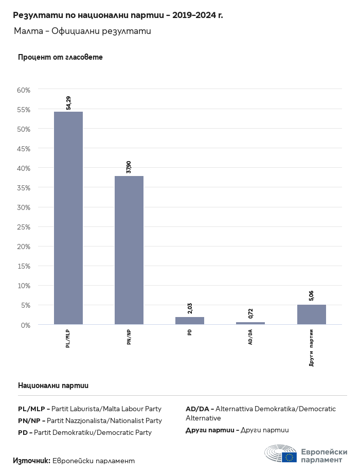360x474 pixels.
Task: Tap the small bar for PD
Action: point(190,321)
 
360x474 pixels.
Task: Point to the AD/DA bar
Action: point(250,323)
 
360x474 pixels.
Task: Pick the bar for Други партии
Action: point(311,314)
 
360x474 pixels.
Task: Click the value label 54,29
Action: point(68,103)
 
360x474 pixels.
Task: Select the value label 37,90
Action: point(129,167)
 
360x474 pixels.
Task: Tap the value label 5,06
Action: point(311,296)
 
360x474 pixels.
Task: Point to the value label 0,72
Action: point(250,313)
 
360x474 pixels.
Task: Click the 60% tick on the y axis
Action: point(24,90)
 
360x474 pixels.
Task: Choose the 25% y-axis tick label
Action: point(24,227)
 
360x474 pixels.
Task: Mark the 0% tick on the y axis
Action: point(26,325)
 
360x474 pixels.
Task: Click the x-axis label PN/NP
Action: point(129,337)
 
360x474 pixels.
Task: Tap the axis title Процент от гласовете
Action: point(60,57)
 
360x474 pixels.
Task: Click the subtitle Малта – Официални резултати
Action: point(82,31)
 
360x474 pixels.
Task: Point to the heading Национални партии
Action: point(53,385)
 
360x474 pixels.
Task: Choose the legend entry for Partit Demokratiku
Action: point(85,432)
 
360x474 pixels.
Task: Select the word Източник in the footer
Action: point(31,461)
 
